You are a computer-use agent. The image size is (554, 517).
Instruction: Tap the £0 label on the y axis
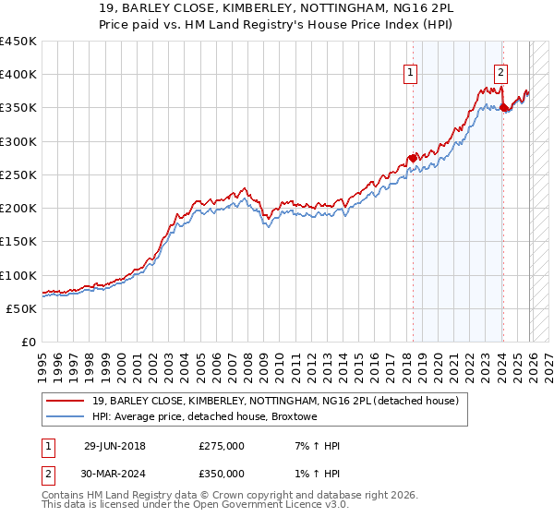[x=30, y=342]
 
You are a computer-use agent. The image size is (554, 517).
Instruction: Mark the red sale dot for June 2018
[x=412, y=158]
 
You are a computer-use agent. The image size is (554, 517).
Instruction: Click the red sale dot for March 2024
[x=503, y=108]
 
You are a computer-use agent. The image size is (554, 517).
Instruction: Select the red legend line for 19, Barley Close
[x=66, y=400]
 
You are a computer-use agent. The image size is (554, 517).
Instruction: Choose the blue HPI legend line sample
[x=66, y=417]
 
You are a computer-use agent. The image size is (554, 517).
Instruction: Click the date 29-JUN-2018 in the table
[x=114, y=446]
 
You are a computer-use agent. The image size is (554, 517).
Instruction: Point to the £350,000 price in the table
[x=222, y=473]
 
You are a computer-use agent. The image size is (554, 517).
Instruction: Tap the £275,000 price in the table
[x=222, y=446]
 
